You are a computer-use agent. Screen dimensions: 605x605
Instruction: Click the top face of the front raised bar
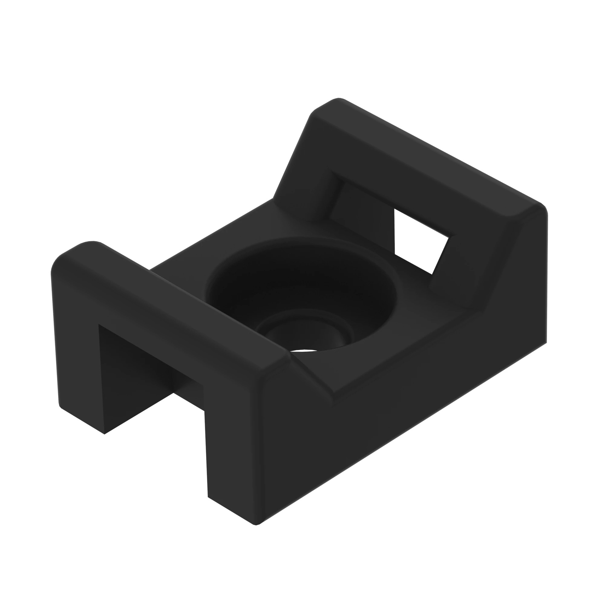[x=175, y=301]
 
